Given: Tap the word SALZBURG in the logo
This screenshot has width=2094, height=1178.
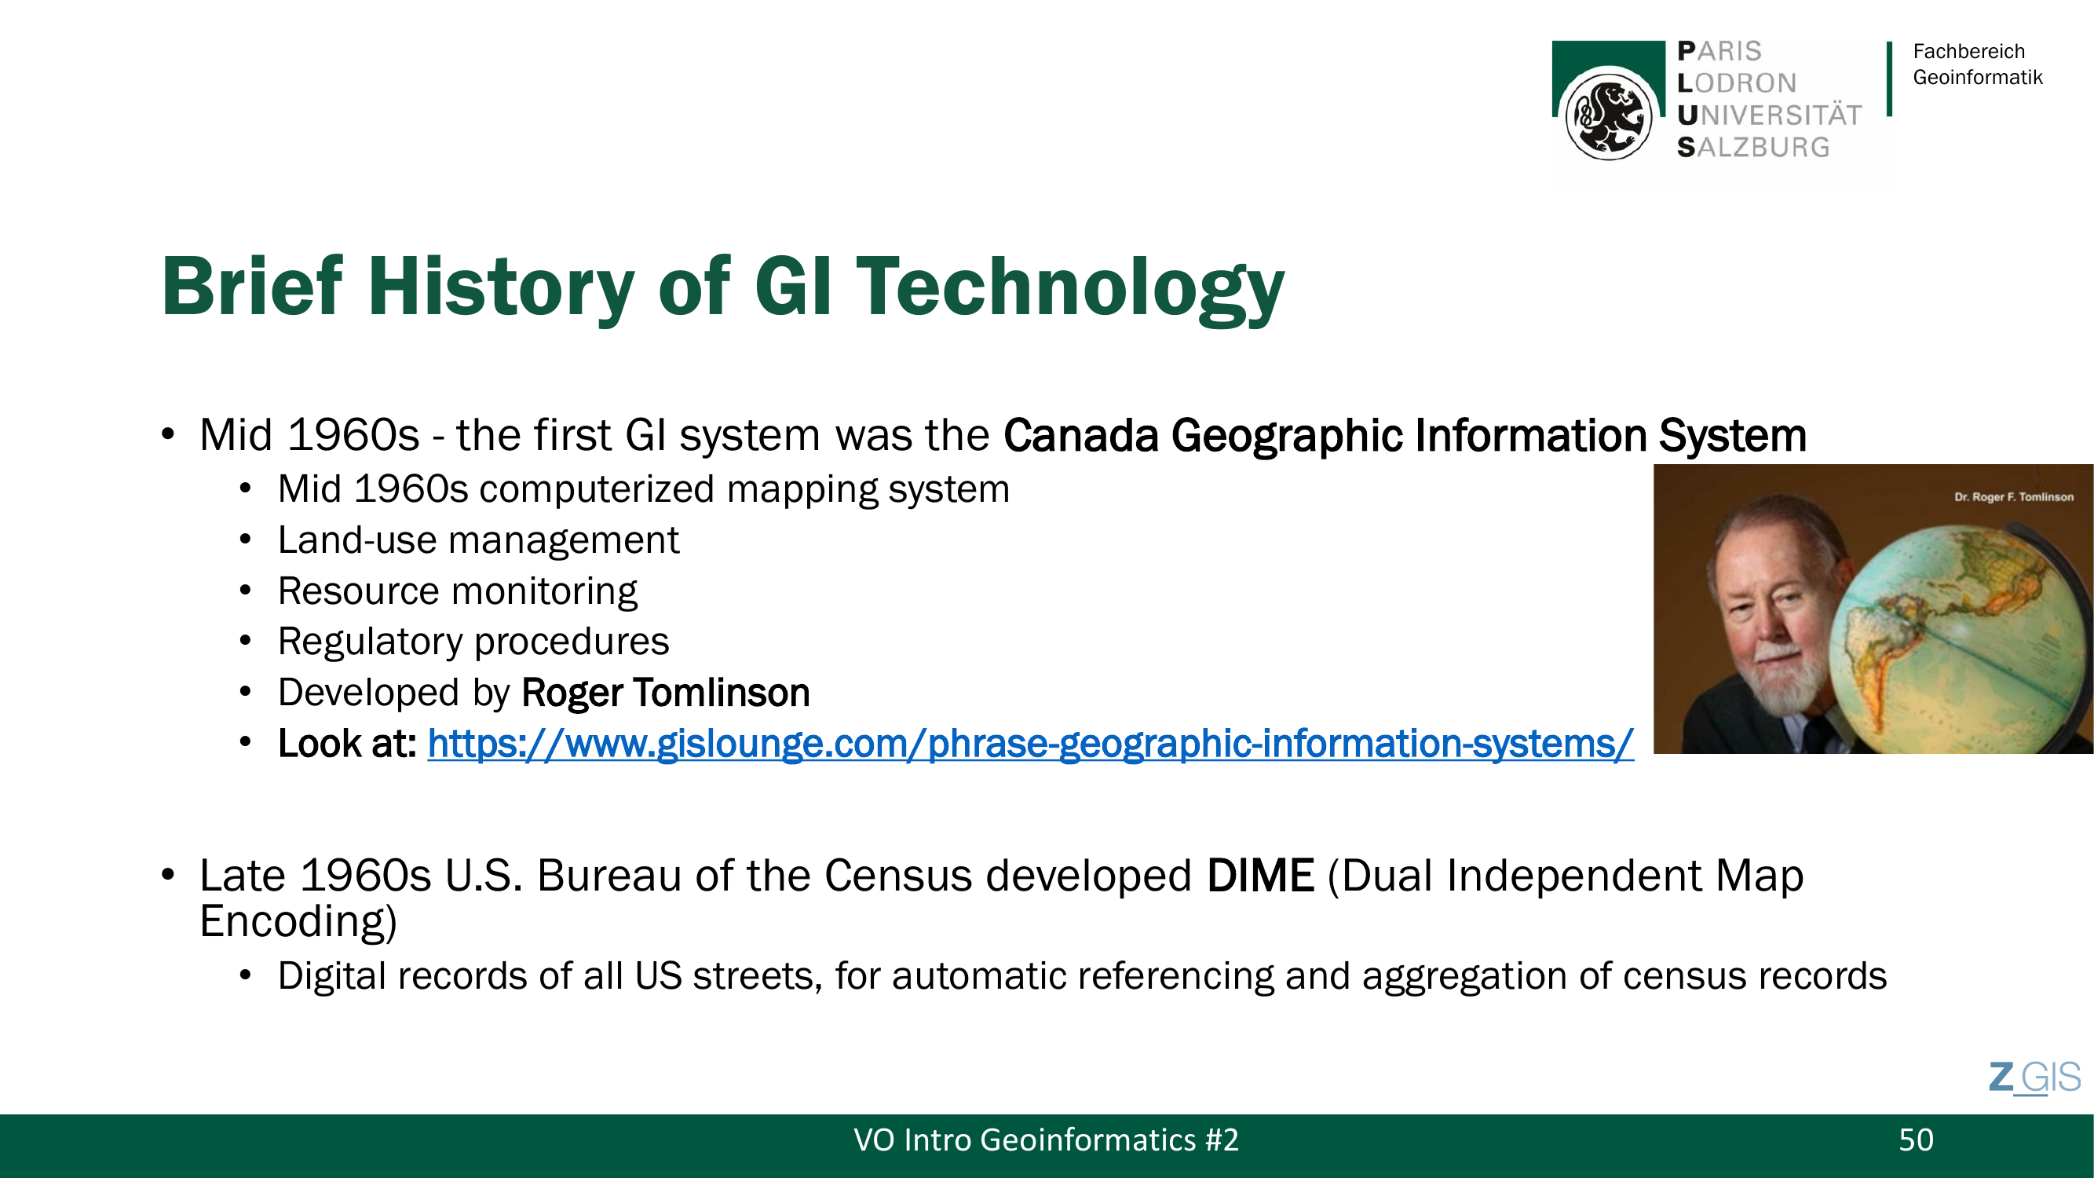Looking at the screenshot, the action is pos(1753,147).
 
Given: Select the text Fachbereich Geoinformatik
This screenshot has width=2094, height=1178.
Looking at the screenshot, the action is pos(1977,64).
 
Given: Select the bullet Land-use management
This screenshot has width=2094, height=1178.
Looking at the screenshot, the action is pos(478,540).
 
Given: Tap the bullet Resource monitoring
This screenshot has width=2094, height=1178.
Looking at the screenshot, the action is pos(458,591).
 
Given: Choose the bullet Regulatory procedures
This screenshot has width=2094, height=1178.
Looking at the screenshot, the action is pos(473,642).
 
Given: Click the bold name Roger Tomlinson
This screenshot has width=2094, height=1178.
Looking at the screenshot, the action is pos(666,693).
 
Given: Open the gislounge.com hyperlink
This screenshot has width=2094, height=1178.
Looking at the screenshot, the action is pos(1031,744).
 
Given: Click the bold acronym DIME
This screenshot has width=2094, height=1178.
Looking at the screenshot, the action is pos(1261,876).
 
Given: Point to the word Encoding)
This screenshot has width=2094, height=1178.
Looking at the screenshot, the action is pos(298,922).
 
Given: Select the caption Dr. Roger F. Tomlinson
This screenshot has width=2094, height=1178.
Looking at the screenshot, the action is pos(2014,497).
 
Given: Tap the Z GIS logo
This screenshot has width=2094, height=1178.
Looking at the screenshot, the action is pos(2034,1078).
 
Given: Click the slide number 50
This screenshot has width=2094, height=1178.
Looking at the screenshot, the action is pos(1916,1140).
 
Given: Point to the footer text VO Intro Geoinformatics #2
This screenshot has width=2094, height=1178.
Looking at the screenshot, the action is pos(1046,1140).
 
